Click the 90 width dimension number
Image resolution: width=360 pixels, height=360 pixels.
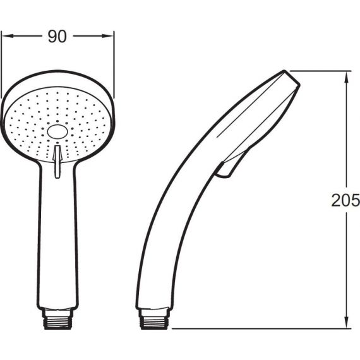pos(57,37)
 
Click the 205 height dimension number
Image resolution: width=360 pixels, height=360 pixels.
pos(345,200)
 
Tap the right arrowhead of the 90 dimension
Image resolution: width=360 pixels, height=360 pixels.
pos(107,36)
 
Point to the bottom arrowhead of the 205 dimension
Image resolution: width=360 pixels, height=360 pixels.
pos(347,322)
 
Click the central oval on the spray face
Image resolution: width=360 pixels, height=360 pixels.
pos(57,132)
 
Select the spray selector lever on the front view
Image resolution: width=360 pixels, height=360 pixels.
pos(57,162)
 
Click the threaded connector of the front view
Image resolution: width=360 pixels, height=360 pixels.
pos(57,319)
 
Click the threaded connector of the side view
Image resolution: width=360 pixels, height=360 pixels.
pos(154,319)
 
